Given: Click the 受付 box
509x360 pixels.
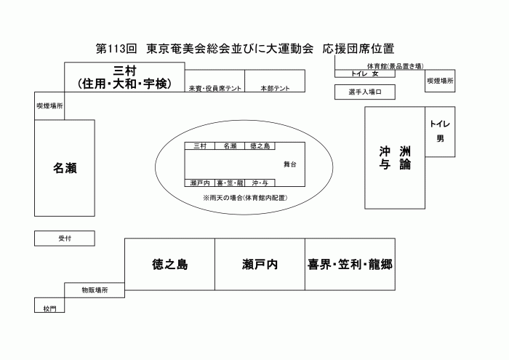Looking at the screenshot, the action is pyautogui.click(x=65, y=239).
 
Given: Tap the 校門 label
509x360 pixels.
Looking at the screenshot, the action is pyautogui.click(x=49, y=308).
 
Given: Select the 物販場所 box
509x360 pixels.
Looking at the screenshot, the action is pyautogui.click(x=95, y=290).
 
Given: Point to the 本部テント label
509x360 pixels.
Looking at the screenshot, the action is pyautogui.click(x=275, y=88).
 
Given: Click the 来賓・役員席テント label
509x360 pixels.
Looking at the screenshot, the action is pyautogui.click(x=215, y=88).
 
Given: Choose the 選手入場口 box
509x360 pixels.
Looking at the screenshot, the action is pyautogui.click(x=365, y=92).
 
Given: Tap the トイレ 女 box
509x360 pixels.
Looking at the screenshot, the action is pyautogui.click(x=365, y=73).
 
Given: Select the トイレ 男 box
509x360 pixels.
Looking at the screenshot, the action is pyautogui.click(x=440, y=132).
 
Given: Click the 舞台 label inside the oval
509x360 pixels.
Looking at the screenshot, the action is pyautogui.click(x=290, y=164).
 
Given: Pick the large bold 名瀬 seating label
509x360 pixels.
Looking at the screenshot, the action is pyautogui.click(x=65, y=168).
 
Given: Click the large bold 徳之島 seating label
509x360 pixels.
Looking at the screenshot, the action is pyautogui.click(x=169, y=264).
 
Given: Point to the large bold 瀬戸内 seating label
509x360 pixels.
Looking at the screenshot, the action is pyautogui.click(x=260, y=264).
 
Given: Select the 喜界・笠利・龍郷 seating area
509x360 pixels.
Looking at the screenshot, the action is pyautogui.click(x=350, y=264).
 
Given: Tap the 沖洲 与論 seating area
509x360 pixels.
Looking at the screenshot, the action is pyautogui.click(x=395, y=158).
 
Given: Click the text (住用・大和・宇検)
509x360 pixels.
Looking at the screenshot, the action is pyautogui.click(x=124, y=84).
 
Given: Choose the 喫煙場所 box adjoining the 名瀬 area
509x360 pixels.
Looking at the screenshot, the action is pyautogui.click(x=49, y=106).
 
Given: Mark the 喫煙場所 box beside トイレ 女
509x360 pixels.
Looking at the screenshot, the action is pyautogui.click(x=440, y=81).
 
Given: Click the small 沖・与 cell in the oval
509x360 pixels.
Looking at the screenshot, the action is pyautogui.click(x=260, y=183).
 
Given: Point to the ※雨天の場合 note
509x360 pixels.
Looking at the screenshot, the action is pyautogui.click(x=245, y=198).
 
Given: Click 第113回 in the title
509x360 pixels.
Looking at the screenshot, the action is pyautogui.click(x=116, y=49).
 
